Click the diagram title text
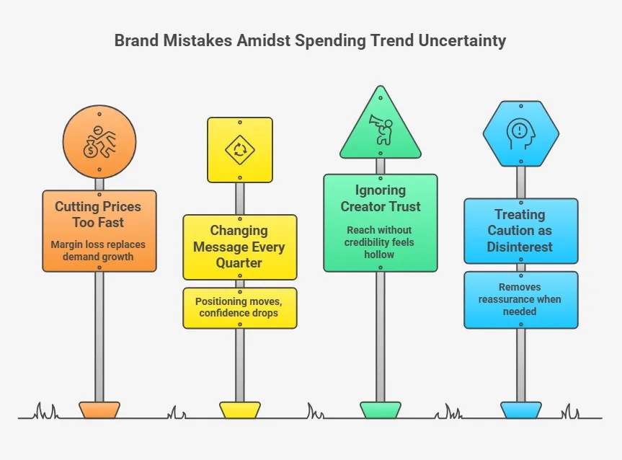(x=310, y=40)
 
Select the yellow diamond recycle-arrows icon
(x=240, y=150)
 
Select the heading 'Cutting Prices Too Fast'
(x=99, y=215)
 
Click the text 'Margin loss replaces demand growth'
(x=99, y=250)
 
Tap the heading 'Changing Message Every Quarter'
(x=239, y=247)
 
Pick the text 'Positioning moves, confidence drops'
(x=239, y=308)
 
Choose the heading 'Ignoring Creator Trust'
(x=380, y=198)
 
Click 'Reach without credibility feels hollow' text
(x=380, y=242)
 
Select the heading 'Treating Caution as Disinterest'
(x=520, y=231)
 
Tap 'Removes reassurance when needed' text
(x=520, y=299)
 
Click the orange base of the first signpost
(x=99, y=410)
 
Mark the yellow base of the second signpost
(x=239, y=410)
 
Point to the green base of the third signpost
(x=380, y=410)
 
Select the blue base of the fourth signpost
(x=520, y=410)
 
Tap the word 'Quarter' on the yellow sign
(x=239, y=262)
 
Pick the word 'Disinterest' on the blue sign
(x=520, y=247)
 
